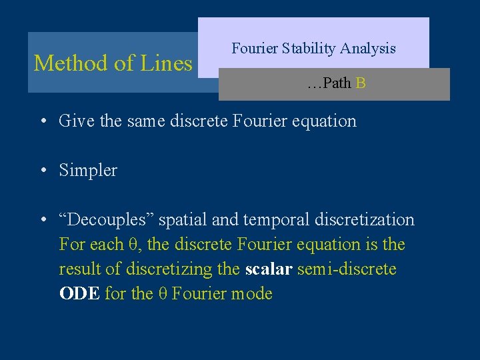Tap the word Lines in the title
pyautogui.click(x=166, y=63)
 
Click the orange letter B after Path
pyautogui.click(x=361, y=84)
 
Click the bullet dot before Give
pyautogui.click(x=42, y=121)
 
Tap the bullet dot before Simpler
pyautogui.click(x=42, y=171)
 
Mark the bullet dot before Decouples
pyautogui.click(x=42, y=220)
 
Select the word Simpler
pyautogui.click(x=88, y=171)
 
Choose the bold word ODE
pyautogui.click(x=79, y=294)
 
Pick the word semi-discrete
pyautogui.click(x=347, y=269)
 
